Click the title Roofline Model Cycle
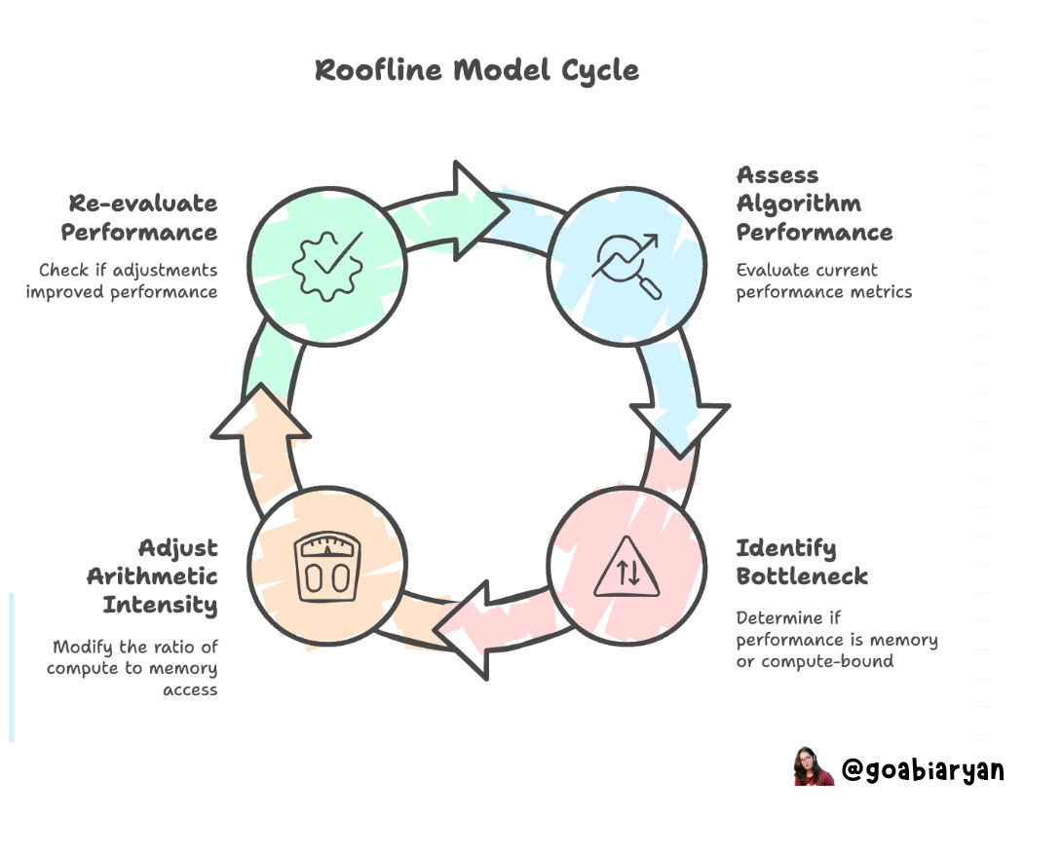click(477, 71)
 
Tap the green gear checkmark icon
click(327, 264)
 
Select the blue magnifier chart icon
click(625, 264)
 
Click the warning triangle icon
click(626, 569)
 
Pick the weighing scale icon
click(326, 568)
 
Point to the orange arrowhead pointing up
click(261, 413)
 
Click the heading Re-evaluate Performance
click(139, 218)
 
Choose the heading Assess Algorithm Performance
click(813, 204)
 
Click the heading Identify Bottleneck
click(801, 562)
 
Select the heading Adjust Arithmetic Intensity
click(152, 575)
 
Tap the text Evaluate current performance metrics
click(823, 280)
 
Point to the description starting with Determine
click(836, 640)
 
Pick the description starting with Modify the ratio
click(133, 669)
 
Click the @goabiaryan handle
click(922, 770)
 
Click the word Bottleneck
click(801, 575)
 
